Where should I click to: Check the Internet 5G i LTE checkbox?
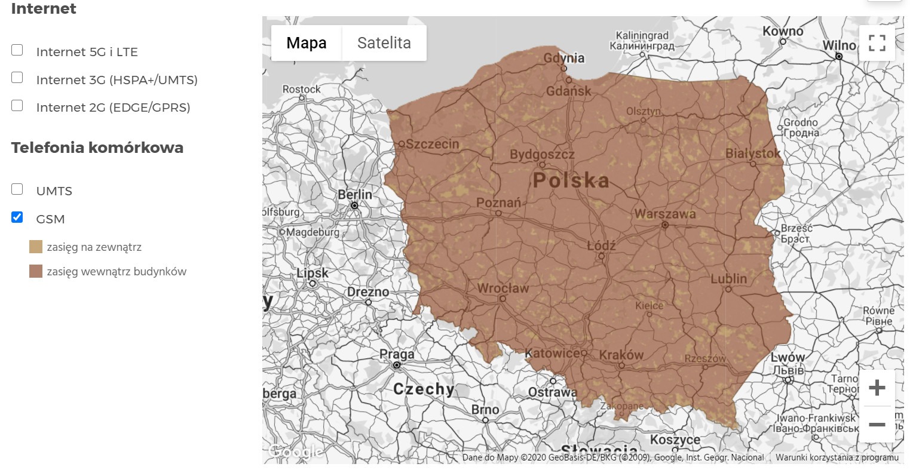click(x=17, y=50)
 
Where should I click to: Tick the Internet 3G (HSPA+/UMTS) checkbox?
click(x=17, y=78)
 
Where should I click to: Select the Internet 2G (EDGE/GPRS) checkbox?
click(x=17, y=106)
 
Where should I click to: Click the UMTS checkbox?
click(x=17, y=189)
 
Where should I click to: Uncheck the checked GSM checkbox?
click(x=17, y=217)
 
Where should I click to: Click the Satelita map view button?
click(x=384, y=43)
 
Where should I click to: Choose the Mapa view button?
click(x=306, y=43)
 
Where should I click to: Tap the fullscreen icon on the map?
click(x=877, y=43)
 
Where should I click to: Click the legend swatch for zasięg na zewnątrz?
click(x=36, y=247)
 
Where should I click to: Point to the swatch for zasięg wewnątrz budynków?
click(x=36, y=272)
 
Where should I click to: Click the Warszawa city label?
click(x=664, y=214)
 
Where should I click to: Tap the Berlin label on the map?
click(x=354, y=195)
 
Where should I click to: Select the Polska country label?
click(x=571, y=180)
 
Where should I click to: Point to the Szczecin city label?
click(x=432, y=144)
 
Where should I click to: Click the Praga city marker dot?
click(x=396, y=364)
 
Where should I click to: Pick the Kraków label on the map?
click(x=621, y=355)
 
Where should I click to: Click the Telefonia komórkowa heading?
click(x=97, y=148)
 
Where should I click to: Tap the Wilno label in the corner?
click(x=839, y=45)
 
